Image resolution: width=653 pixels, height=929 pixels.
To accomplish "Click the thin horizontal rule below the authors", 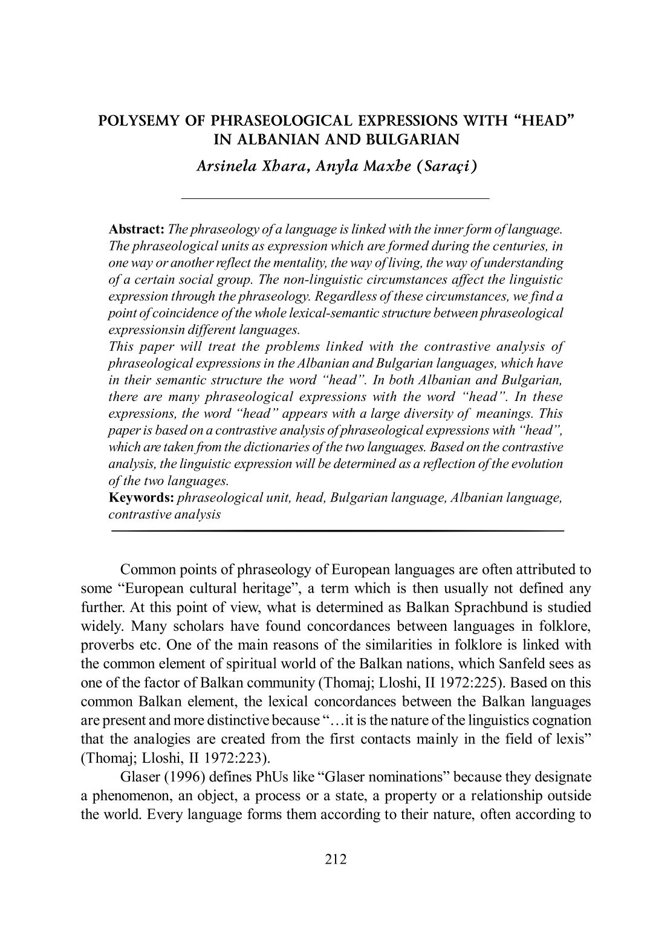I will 335,198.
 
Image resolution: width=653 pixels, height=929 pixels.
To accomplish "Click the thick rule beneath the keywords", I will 338,530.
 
